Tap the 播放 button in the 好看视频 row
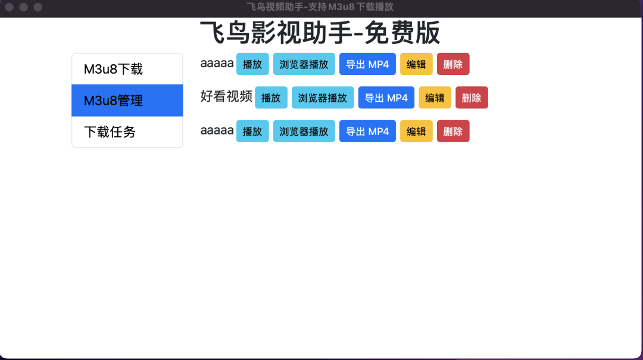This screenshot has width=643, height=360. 271,98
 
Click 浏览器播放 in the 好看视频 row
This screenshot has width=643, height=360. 323,98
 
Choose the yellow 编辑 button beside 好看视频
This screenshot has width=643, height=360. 435,98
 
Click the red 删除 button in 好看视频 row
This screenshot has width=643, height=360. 472,98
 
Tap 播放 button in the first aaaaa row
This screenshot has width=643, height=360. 252,64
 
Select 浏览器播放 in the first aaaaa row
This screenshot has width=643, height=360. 304,64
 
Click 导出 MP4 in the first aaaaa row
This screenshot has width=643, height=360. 367,64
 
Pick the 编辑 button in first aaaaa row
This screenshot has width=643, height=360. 416,64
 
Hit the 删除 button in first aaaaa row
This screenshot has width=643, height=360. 453,64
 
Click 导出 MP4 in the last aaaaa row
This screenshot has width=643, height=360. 367,131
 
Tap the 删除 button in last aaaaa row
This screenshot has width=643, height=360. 453,131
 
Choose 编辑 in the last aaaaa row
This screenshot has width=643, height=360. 416,131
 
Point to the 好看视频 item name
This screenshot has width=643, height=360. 226,96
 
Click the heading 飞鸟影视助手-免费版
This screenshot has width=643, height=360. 320,33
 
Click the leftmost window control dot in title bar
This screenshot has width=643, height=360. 10,7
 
